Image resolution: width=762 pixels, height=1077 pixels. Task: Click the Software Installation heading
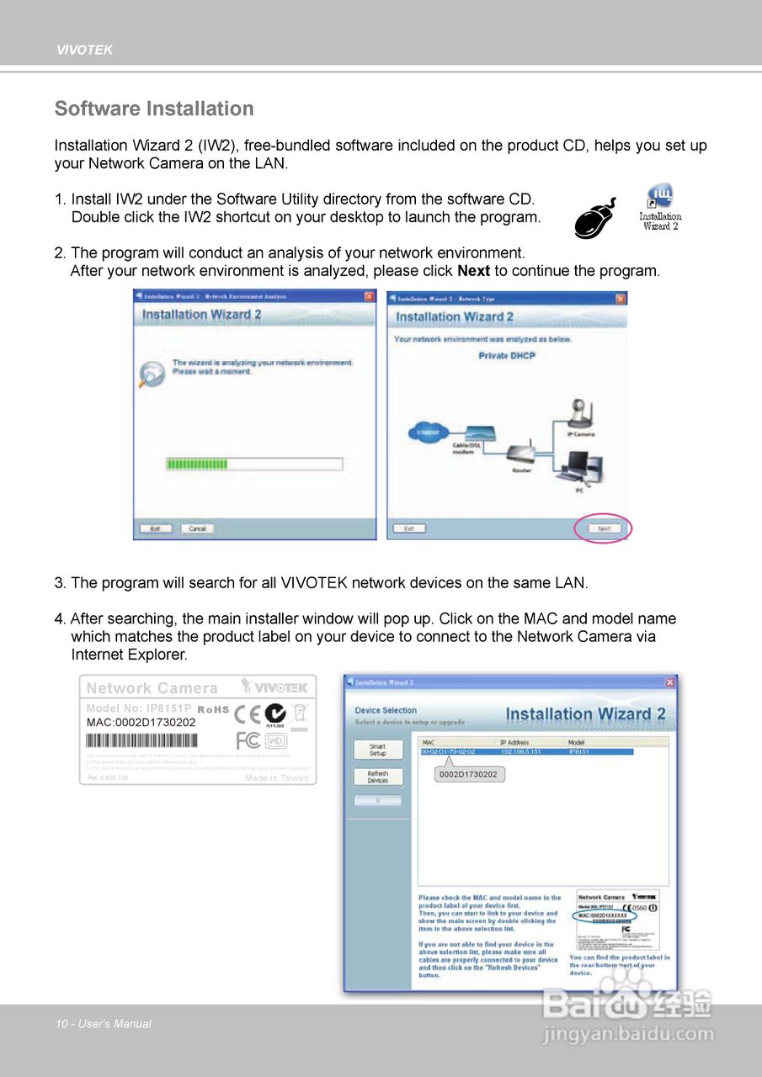tap(154, 109)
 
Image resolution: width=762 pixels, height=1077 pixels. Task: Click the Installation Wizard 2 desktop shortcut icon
tap(660, 202)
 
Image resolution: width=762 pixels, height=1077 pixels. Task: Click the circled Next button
tap(603, 528)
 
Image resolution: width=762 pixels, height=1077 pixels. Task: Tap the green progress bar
tap(197, 464)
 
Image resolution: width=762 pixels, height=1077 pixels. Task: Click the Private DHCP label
tap(507, 356)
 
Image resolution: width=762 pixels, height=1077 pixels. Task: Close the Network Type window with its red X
tap(621, 298)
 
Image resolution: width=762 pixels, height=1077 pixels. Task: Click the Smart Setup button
tap(378, 749)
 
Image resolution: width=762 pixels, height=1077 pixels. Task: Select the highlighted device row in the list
tap(526, 751)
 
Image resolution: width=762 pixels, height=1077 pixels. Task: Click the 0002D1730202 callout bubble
tap(468, 774)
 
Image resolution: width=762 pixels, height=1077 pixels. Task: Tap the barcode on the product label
tap(141, 740)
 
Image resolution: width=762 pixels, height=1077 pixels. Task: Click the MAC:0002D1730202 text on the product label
tap(141, 722)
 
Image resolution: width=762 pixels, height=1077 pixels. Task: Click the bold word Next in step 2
tap(473, 271)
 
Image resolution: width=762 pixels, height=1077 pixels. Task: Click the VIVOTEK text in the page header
tap(84, 50)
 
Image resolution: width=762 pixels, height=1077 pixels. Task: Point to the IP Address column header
tap(515, 742)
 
